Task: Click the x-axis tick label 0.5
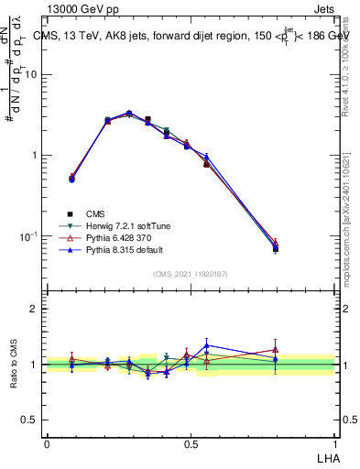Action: pos(191,442)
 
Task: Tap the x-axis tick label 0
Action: pos(47,442)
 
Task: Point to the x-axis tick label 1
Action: pos(334,442)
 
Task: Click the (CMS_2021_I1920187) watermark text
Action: pos(191,274)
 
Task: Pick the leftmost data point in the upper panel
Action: pos(71,178)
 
